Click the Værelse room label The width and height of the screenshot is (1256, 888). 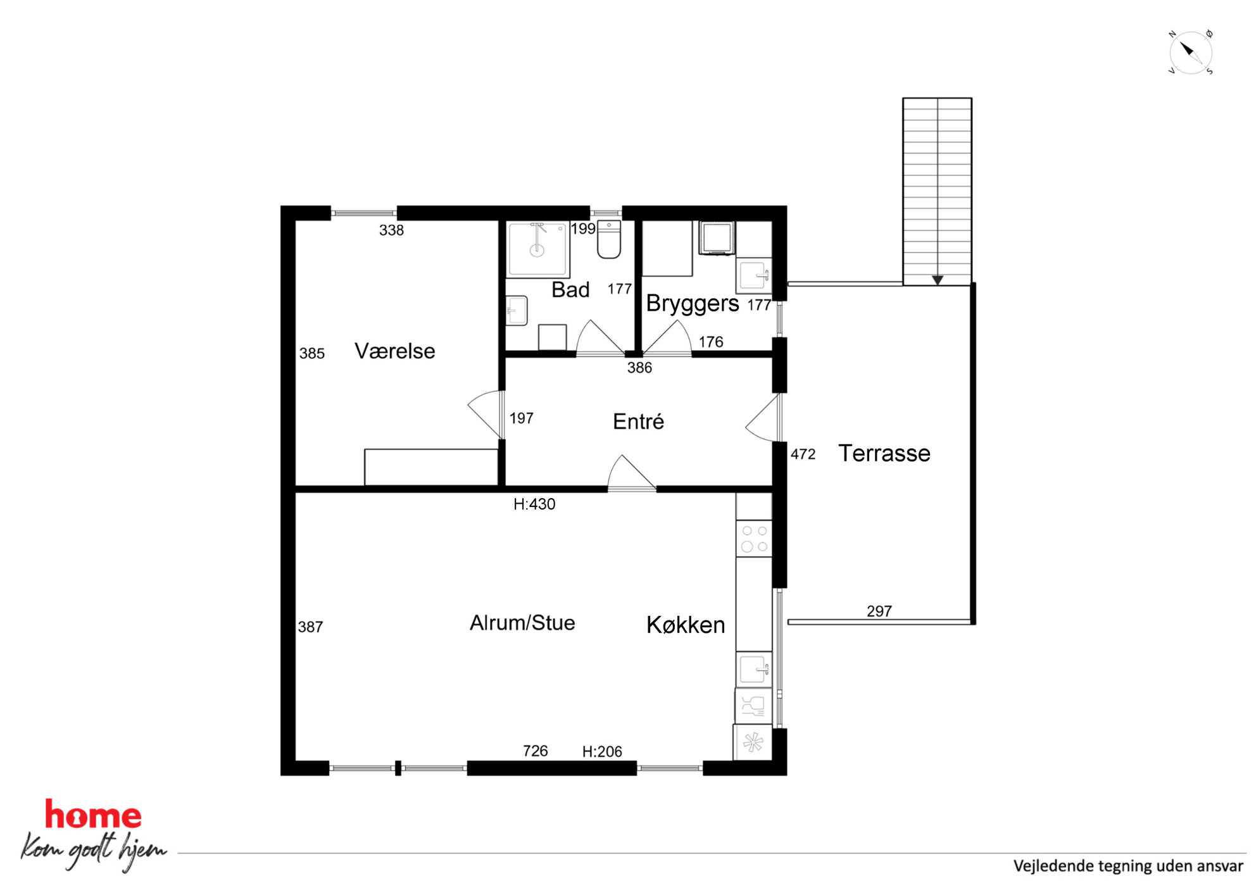pyautogui.click(x=394, y=351)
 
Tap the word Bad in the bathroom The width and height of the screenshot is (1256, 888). pyautogui.click(x=570, y=289)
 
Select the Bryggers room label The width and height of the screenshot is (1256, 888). pyautogui.click(x=692, y=304)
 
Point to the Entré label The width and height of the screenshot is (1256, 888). pyautogui.click(x=638, y=421)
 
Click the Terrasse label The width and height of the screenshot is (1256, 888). pyautogui.click(x=884, y=453)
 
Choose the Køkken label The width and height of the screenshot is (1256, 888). pyautogui.click(x=686, y=625)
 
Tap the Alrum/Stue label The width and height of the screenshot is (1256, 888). pyautogui.click(x=522, y=623)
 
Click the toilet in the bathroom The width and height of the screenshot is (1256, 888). pyautogui.click(x=609, y=239)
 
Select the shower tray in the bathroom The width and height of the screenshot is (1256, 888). pyautogui.click(x=537, y=249)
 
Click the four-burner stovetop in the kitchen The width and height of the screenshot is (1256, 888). pyautogui.click(x=754, y=539)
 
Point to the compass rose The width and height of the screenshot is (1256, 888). pyautogui.click(x=1190, y=53)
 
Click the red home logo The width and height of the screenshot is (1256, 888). pyautogui.click(x=93, y=815)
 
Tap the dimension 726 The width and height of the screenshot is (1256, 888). pyautogui.click(x=535, y=751)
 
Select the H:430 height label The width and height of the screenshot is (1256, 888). pyautogui.click(x=534, y=504)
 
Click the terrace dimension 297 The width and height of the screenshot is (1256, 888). pyautogui.click(x=879, y=611)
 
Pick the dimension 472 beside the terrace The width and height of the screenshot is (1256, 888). pyautogui.click(x=803, y=454)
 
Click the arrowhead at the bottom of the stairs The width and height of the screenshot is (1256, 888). pyautogui.click(x=938, y=280)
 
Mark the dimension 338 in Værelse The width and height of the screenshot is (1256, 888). pyautogui.click(x=391, y=230)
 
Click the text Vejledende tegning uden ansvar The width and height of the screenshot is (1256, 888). pyautogui.click(x=1128, y=866)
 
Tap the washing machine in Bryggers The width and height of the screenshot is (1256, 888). pyautogui.click(x=717, y=238)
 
